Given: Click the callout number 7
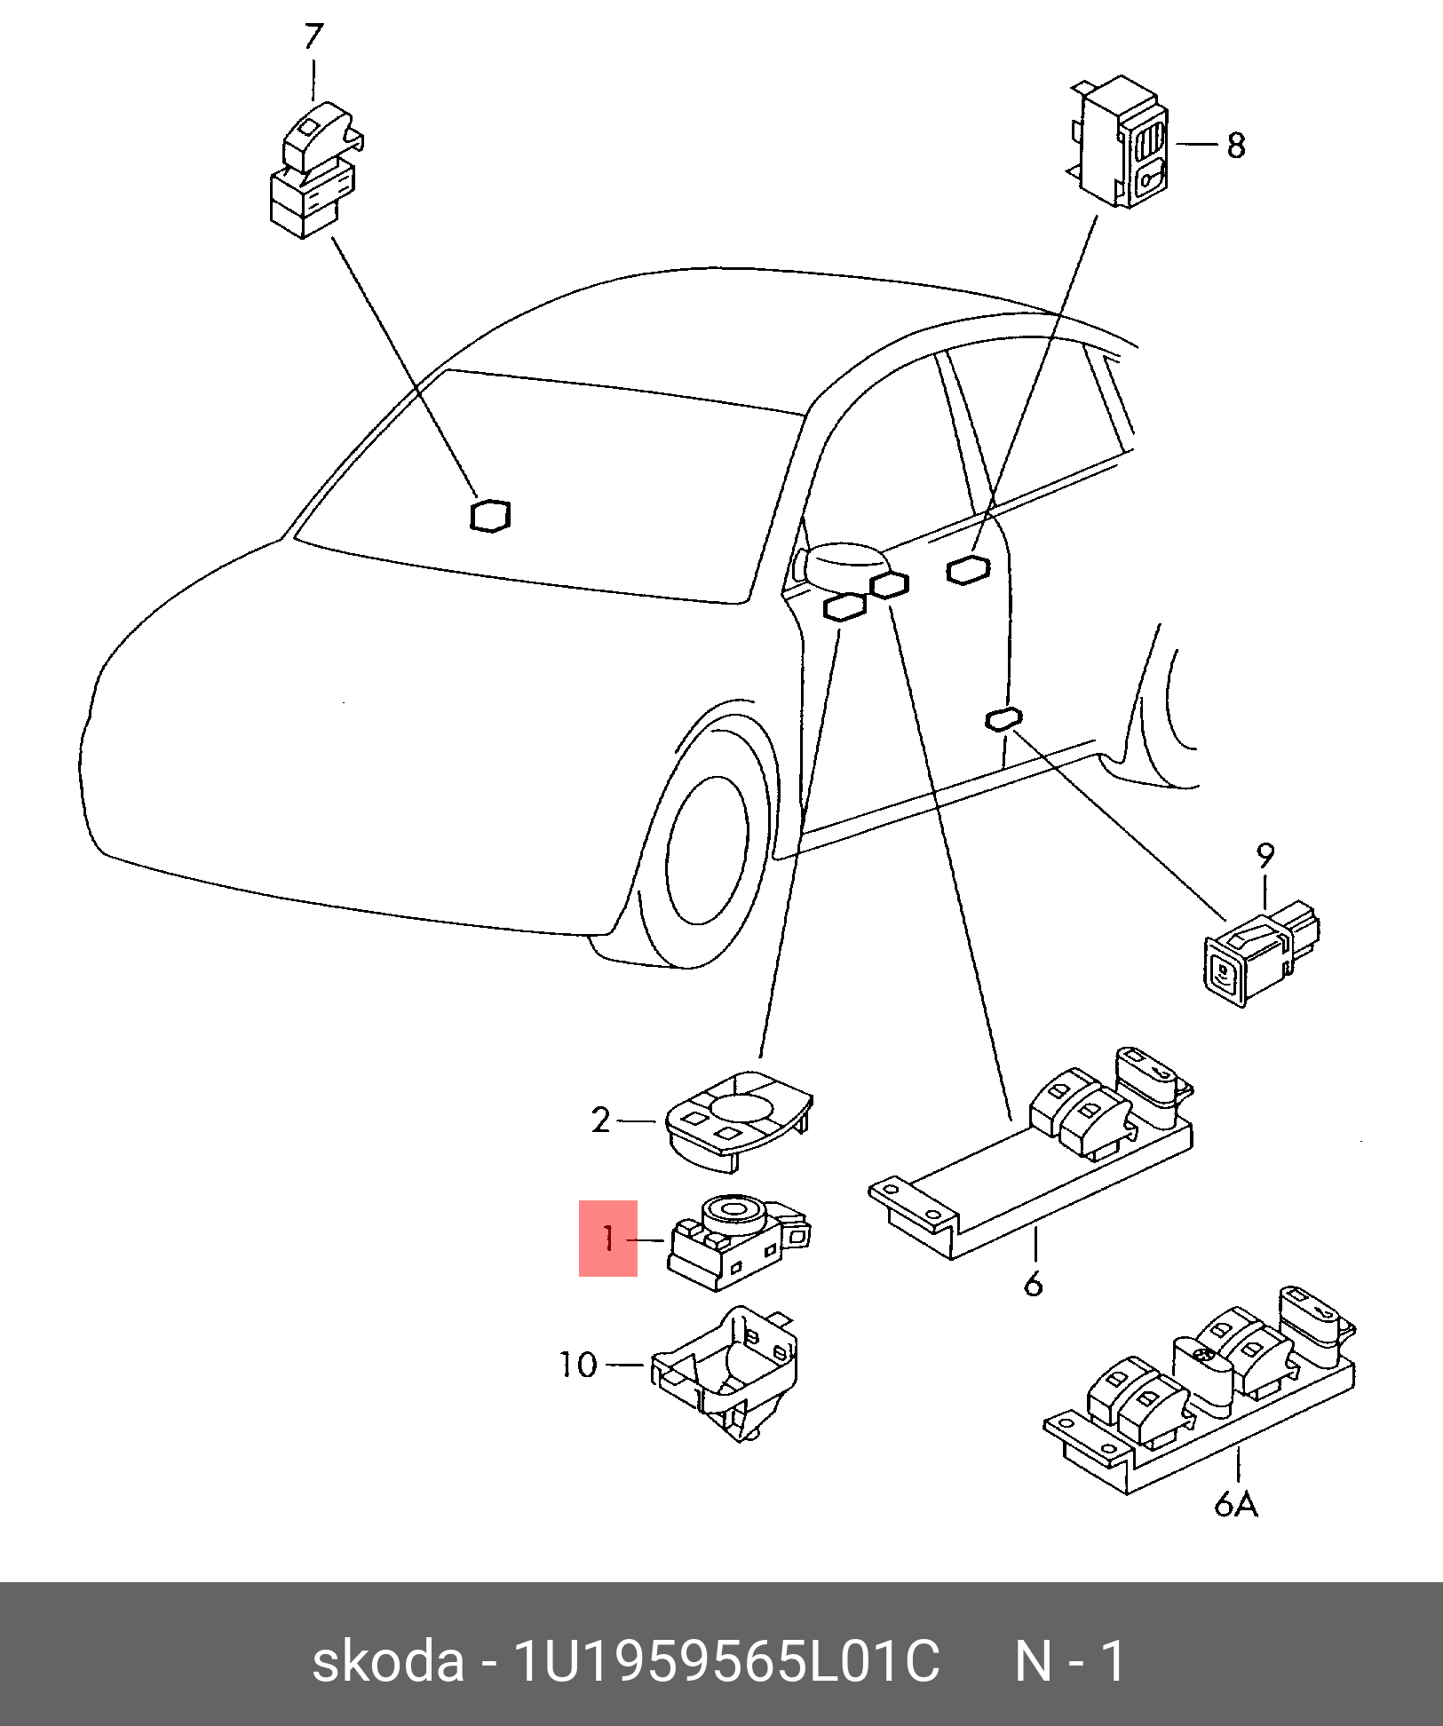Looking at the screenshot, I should pyautogui.click(x=313, y=37).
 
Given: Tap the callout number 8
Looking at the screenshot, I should pyautogui.click(x=1236, y=146).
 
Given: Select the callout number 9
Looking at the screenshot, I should pyautogui.click(x=1265, y=856).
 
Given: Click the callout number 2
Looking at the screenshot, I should pyautogui.click(x=601, y=1121).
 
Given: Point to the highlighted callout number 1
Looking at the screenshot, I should pyautogui.click(x=608, y=1238).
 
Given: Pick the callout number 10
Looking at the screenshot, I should pyautogui.click(x=578, y=1364).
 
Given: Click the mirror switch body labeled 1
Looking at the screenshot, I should pyautogui.click(x=737, y=1239).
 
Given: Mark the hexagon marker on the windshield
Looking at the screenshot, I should pyautogui.click(x=490, y=516).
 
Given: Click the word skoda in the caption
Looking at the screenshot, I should pyautogui.click(x=388, y=1660).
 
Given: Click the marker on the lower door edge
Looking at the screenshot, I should pyautogui.click(x=1003, y=720).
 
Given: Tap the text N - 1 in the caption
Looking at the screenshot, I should pyautogui.click(x=1071, y=1660).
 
